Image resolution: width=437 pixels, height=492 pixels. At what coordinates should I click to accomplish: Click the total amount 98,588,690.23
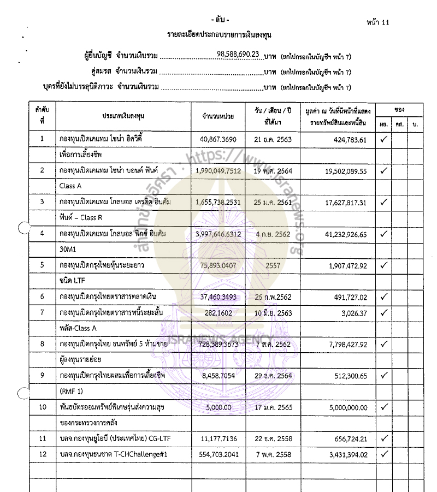click(238, 54)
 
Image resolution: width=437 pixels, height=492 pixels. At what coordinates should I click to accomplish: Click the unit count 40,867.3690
click(218, 139)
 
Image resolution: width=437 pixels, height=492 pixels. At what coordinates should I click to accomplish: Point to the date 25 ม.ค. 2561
click(273, 202)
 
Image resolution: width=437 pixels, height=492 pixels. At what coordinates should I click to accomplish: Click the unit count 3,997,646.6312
click(218, 234)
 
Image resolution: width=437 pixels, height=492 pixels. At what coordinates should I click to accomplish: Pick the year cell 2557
click(273, 265)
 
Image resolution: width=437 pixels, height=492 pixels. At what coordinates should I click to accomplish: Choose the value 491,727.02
click(342, 297)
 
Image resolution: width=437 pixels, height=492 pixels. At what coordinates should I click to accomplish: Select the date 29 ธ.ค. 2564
click(273, 376)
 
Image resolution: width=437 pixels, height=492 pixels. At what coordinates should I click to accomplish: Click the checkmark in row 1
click(384, 139)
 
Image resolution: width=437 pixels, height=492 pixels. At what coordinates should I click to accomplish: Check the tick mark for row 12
click(384, 454)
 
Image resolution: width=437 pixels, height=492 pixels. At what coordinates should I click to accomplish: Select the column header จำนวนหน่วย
click(218, 116)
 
